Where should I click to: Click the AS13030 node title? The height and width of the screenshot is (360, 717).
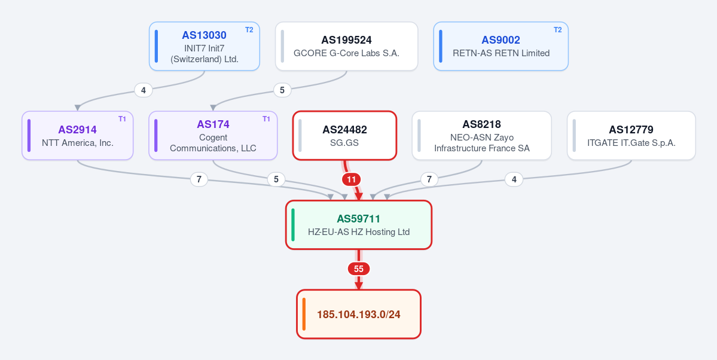click(x=204, y=35)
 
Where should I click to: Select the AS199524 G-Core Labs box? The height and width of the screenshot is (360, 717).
click(x=347, y=46)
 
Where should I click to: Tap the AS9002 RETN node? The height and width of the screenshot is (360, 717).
click(x=501, y=46)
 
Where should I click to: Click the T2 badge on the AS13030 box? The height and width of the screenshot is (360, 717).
click(x=249, y=30)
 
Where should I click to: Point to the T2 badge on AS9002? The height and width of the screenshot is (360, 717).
click(x=557, y=30)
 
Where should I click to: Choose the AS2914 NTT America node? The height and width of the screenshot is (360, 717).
click(x=78, y=135)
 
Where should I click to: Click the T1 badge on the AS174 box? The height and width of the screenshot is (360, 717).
click(x=267, y=119)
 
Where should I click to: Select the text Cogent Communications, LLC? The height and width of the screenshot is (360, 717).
click(x=213, y=143)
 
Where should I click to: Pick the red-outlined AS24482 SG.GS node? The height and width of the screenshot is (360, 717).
click(x=345, y=135)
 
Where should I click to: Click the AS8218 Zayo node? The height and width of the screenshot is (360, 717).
click(x=482, y=135)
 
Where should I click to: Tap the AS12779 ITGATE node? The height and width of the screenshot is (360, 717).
click(x=631, y=135)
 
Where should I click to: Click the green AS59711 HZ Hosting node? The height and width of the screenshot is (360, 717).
click(x=359, y=225)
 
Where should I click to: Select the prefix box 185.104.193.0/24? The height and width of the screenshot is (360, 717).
click(x=359, y=315)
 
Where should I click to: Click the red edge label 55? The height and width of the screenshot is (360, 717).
click(x=359, y=269)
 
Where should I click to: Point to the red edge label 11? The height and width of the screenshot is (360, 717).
click(x=351, y=179)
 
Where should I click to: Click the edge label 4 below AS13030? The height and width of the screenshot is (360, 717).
click(x=144, y=90)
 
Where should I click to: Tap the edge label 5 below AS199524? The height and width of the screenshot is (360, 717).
click(x=282, y=90)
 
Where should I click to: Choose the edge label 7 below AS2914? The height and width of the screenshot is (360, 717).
click(x=199, y=179)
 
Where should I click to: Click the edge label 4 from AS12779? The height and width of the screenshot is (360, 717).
click(x=514, y=179)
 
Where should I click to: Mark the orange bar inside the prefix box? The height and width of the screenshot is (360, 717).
click(x=304, y=315)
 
